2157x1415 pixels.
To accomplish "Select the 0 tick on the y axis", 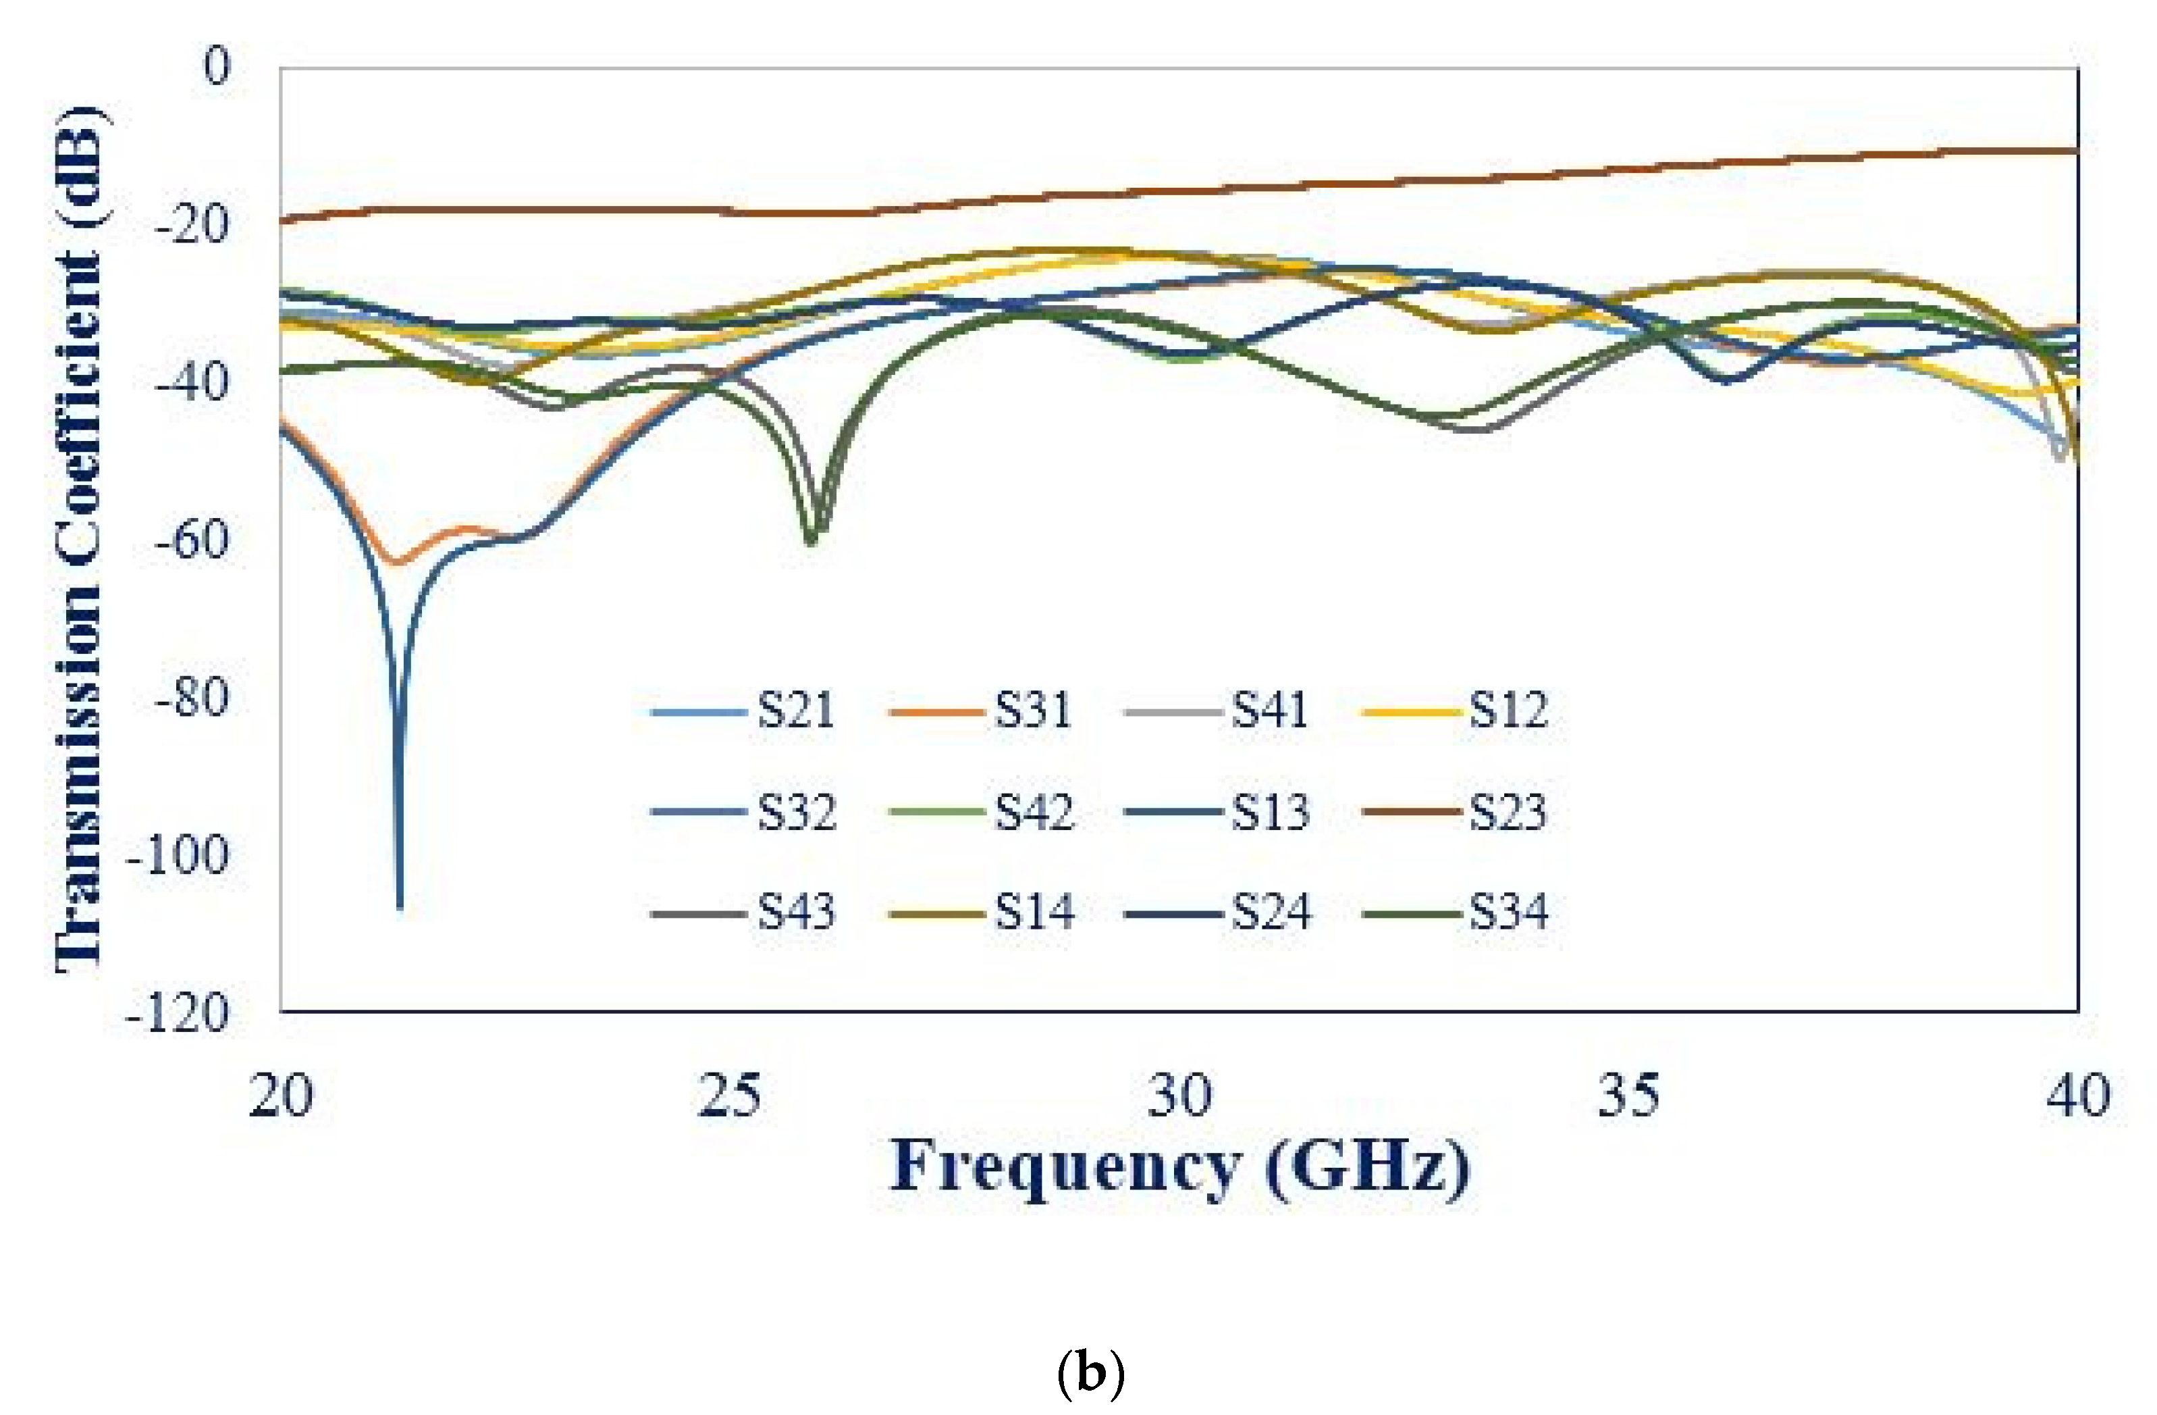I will click(217, 67).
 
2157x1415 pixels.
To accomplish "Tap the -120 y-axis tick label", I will click(178, 1012).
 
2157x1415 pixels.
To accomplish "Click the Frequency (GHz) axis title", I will click(1178, 1166).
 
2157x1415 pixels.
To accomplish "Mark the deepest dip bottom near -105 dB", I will click(400, 906).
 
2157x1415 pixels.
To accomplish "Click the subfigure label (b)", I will click(1090, 1375).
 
